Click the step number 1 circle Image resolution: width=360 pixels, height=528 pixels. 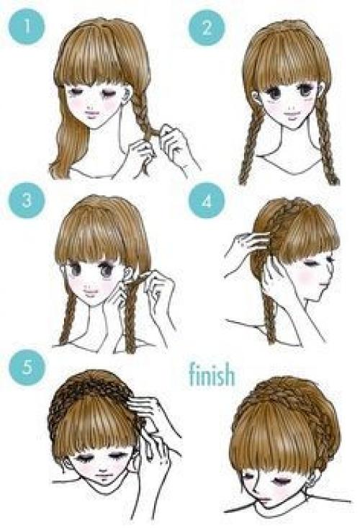point(26,27)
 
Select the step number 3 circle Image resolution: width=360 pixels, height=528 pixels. point(26,200)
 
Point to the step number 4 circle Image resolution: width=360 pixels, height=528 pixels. point(206,201)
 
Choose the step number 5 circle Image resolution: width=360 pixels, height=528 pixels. point(27,367)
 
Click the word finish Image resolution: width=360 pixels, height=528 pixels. point(212,374)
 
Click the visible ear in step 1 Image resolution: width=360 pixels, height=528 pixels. point(127,95)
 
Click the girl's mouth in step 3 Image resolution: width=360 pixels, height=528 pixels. point(90,291)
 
